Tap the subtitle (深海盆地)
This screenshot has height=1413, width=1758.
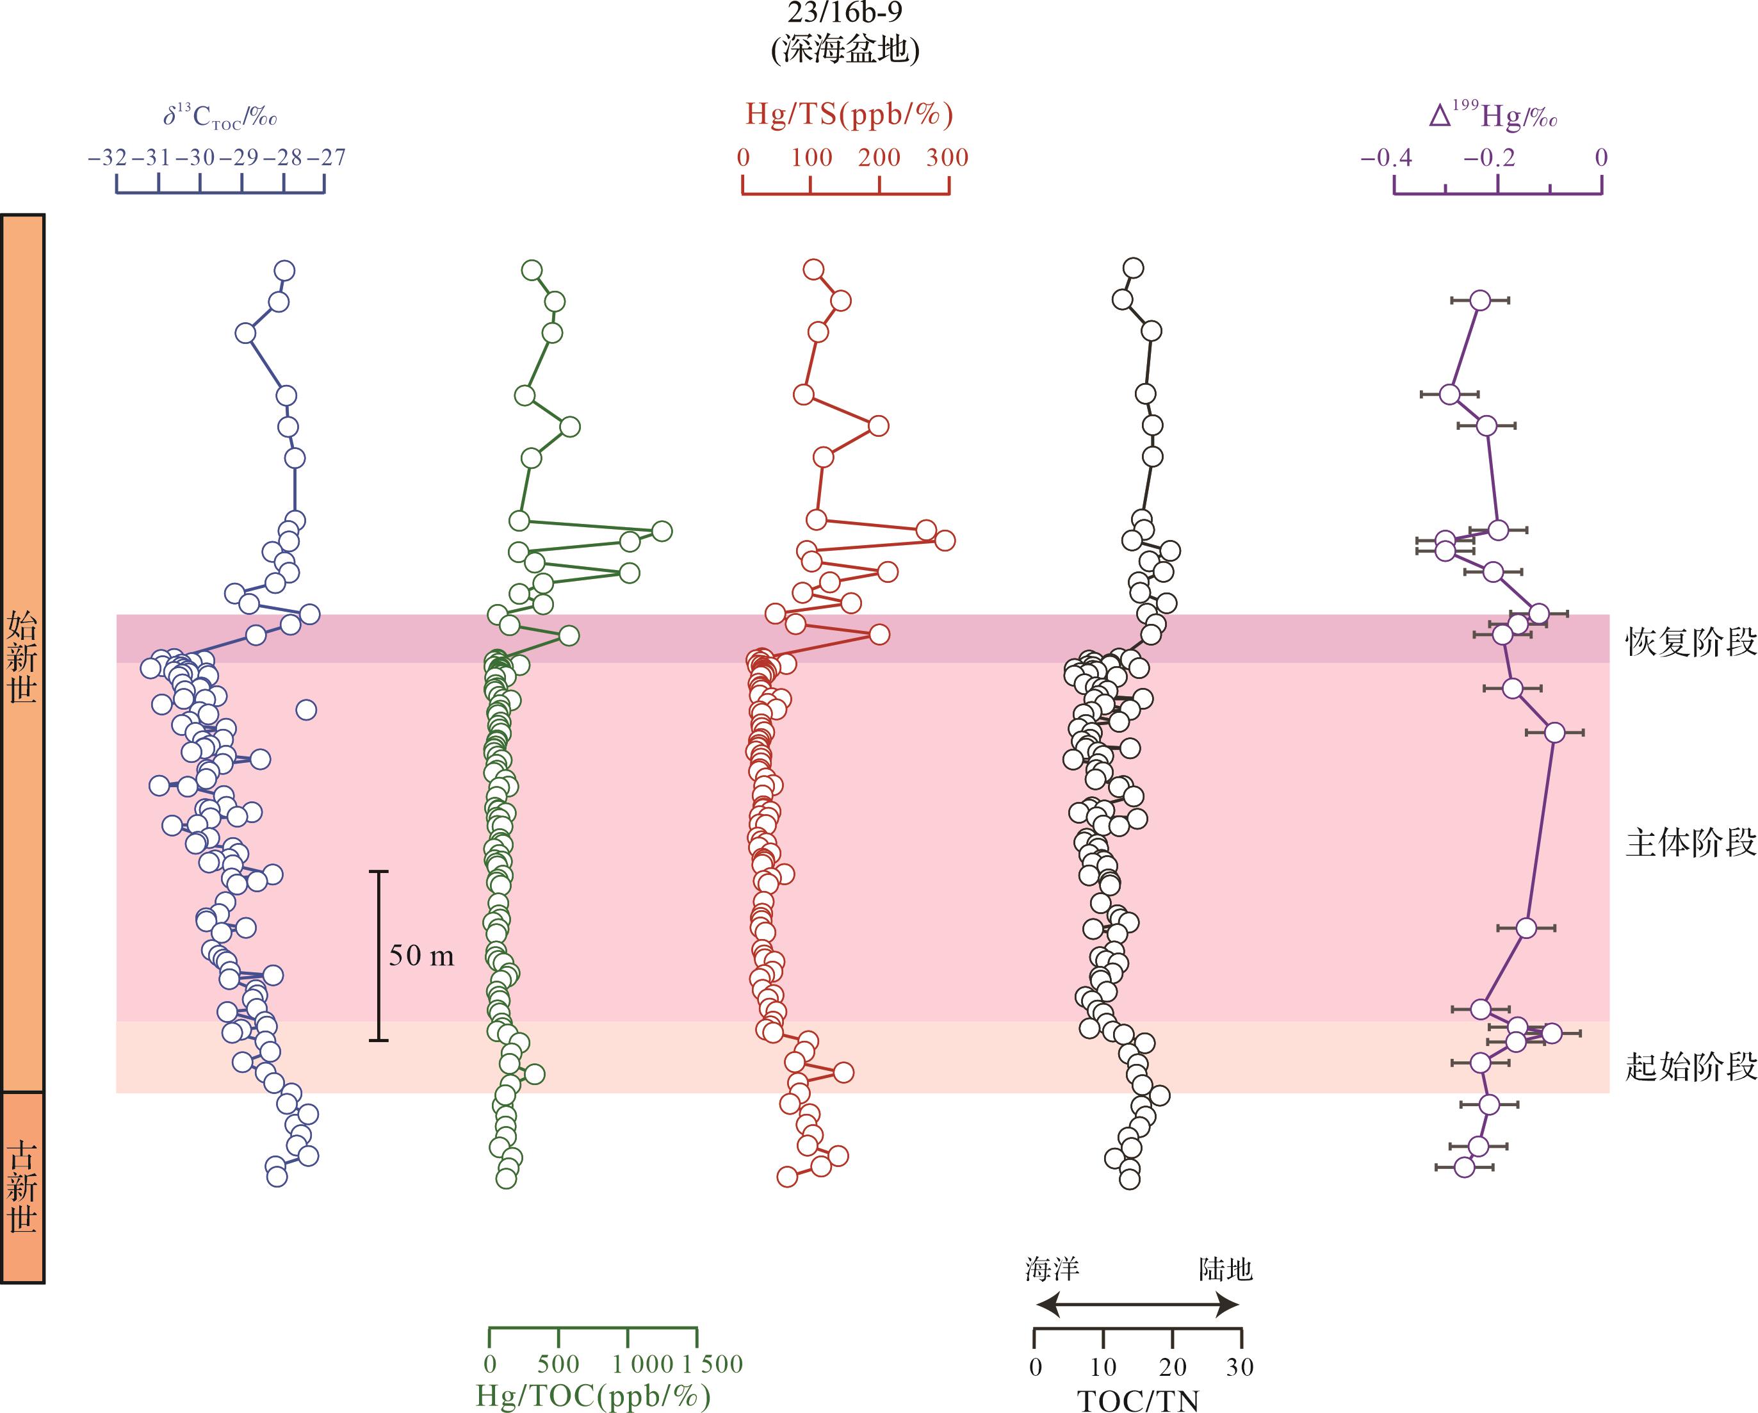(x=845, y=51)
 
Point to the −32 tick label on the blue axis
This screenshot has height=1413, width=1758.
(x=108, y=158)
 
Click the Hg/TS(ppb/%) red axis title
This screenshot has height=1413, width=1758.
(x=849, y=115)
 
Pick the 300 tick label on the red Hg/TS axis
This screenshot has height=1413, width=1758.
(x=947, y=158)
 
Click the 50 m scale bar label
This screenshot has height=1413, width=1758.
(x=421, y=956)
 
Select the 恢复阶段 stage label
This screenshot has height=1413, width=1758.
(x=1690, y=642)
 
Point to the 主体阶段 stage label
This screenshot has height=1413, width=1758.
(x=1690, y=843)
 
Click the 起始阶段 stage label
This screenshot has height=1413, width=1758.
(x=1690, y=1066)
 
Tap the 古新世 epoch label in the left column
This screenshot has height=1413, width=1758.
(x=22, y=1187)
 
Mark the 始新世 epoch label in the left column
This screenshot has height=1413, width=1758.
(x=22, y=658)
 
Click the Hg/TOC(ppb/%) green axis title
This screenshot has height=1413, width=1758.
(x=593, y=1396)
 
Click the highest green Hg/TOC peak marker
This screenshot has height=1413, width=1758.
(x=662, y=532)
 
